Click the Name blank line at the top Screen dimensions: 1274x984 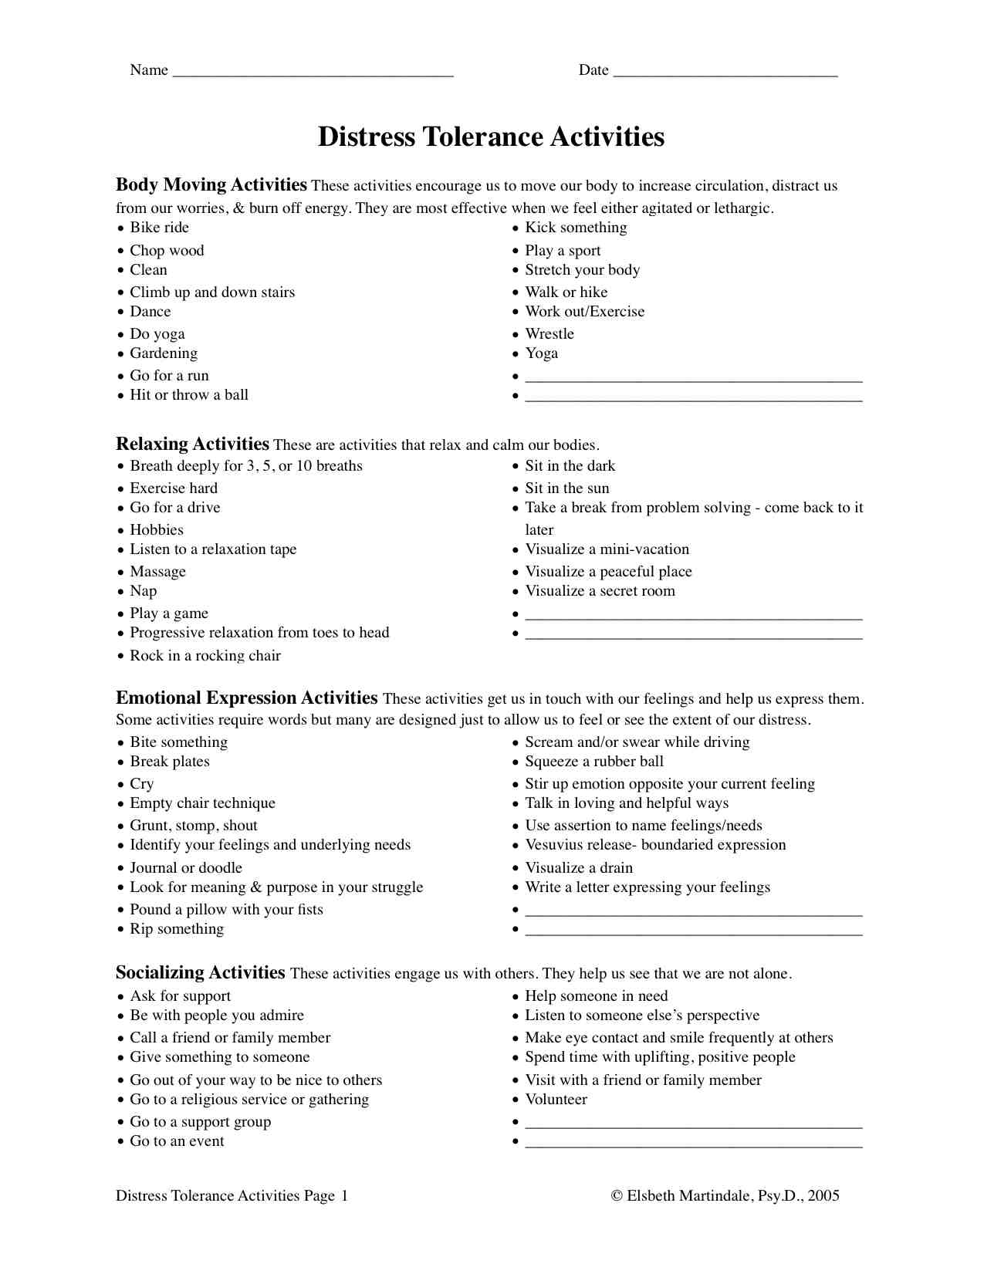(x=313, y=73)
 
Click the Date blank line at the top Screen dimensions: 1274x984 (x=725, y=73)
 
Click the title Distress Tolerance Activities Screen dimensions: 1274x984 (x=491, y=137)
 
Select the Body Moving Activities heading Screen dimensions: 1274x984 (x=211, y=185)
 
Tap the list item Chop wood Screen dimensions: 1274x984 (x=167, y=250)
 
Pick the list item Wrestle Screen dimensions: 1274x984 (x=549, y=333)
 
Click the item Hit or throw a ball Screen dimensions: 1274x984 (x=189, y=394)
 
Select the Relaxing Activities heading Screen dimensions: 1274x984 (x=192, y=444)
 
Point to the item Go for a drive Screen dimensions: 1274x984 (x=175, y=507)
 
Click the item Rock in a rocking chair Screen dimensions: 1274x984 (x=205, y=655)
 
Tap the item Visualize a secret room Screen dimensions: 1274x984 (x=600, y=590)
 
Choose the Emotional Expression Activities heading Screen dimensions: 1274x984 (x=246, y=698)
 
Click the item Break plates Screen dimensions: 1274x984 (x=170, y=761)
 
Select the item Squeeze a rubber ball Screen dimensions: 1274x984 (x=594, y=761)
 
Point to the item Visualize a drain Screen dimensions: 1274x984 (x=579, y=867)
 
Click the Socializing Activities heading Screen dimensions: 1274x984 (x=200, y=973)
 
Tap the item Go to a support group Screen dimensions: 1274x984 (x=201, y=1121)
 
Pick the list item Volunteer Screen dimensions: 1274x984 (x=556, y=1099)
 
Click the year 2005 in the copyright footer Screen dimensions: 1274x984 (x=823, y=1195)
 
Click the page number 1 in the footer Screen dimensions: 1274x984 (x=344, y=1195)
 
